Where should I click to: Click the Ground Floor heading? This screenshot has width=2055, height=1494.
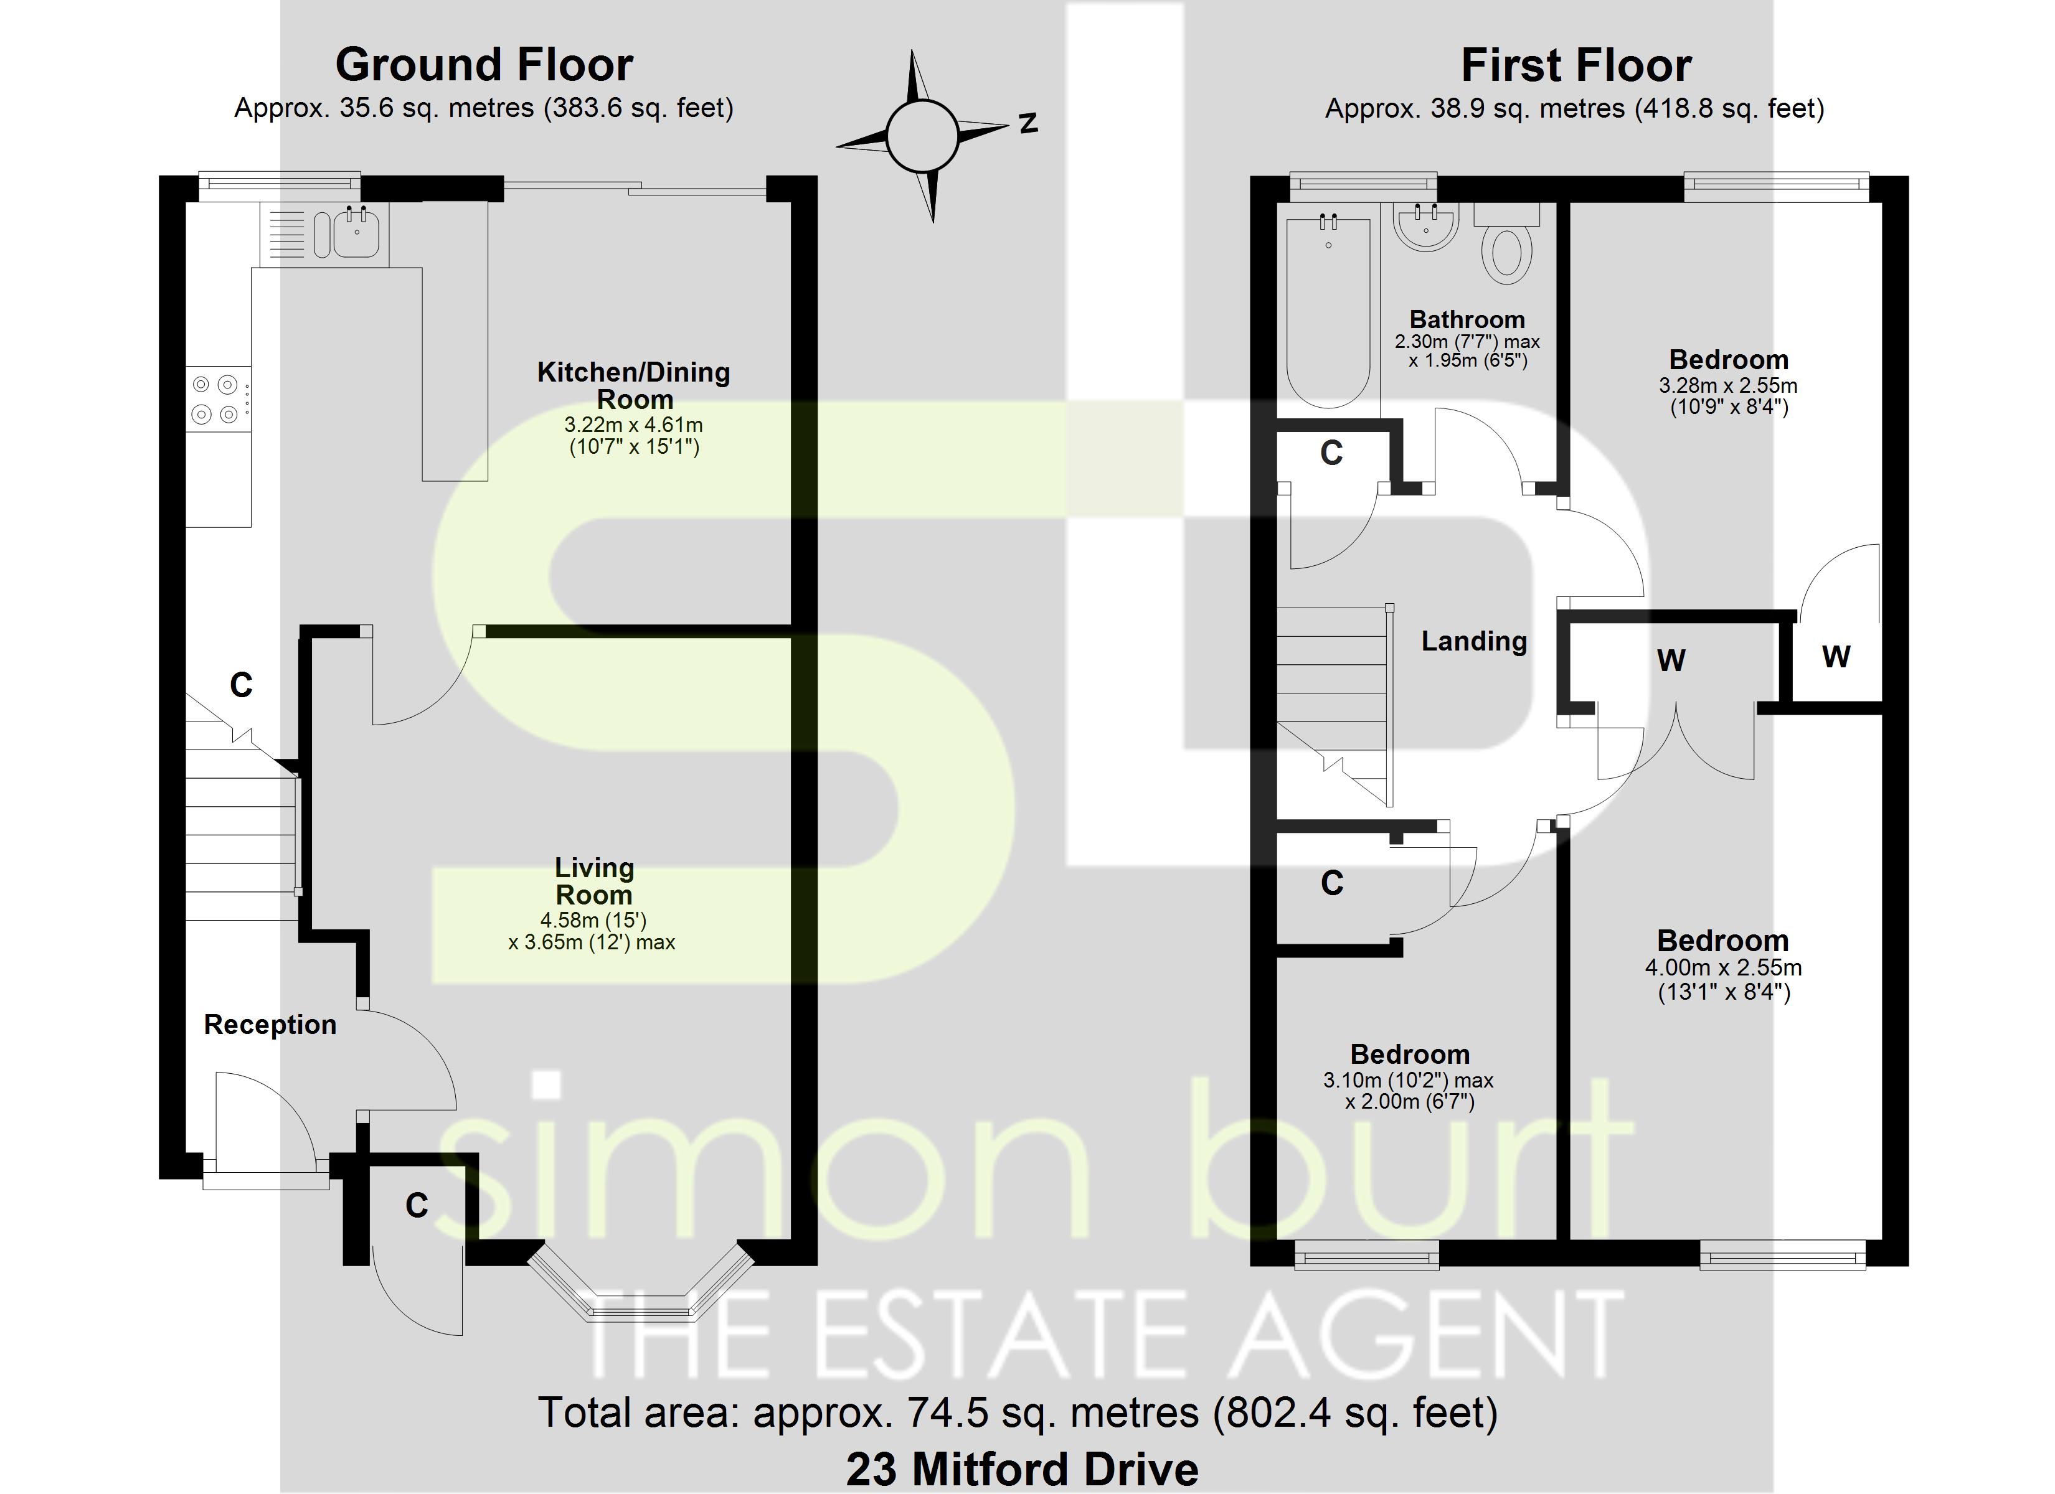pyautogui.click(x=484, y=65)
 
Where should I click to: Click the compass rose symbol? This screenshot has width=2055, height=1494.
pyautogui.click(x=922, y=136)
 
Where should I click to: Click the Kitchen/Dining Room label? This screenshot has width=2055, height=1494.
pyautogui.click(x=633, y=385)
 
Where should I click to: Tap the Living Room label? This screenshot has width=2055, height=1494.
pyautogui.click(x=593, y=881)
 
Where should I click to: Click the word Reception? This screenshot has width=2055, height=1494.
pyautogui.click(x=270, y=1024)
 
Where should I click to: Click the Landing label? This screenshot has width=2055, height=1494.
pyautogui.click(x=1473, y=641)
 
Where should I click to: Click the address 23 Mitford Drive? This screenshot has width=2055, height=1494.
pyautogui.click(x=1022, y=1468)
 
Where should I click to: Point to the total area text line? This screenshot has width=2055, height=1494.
pyautogui.click(x=1018, y=1412)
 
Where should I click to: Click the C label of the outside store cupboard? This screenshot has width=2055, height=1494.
pyautogui.click(x=417, y=1205)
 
